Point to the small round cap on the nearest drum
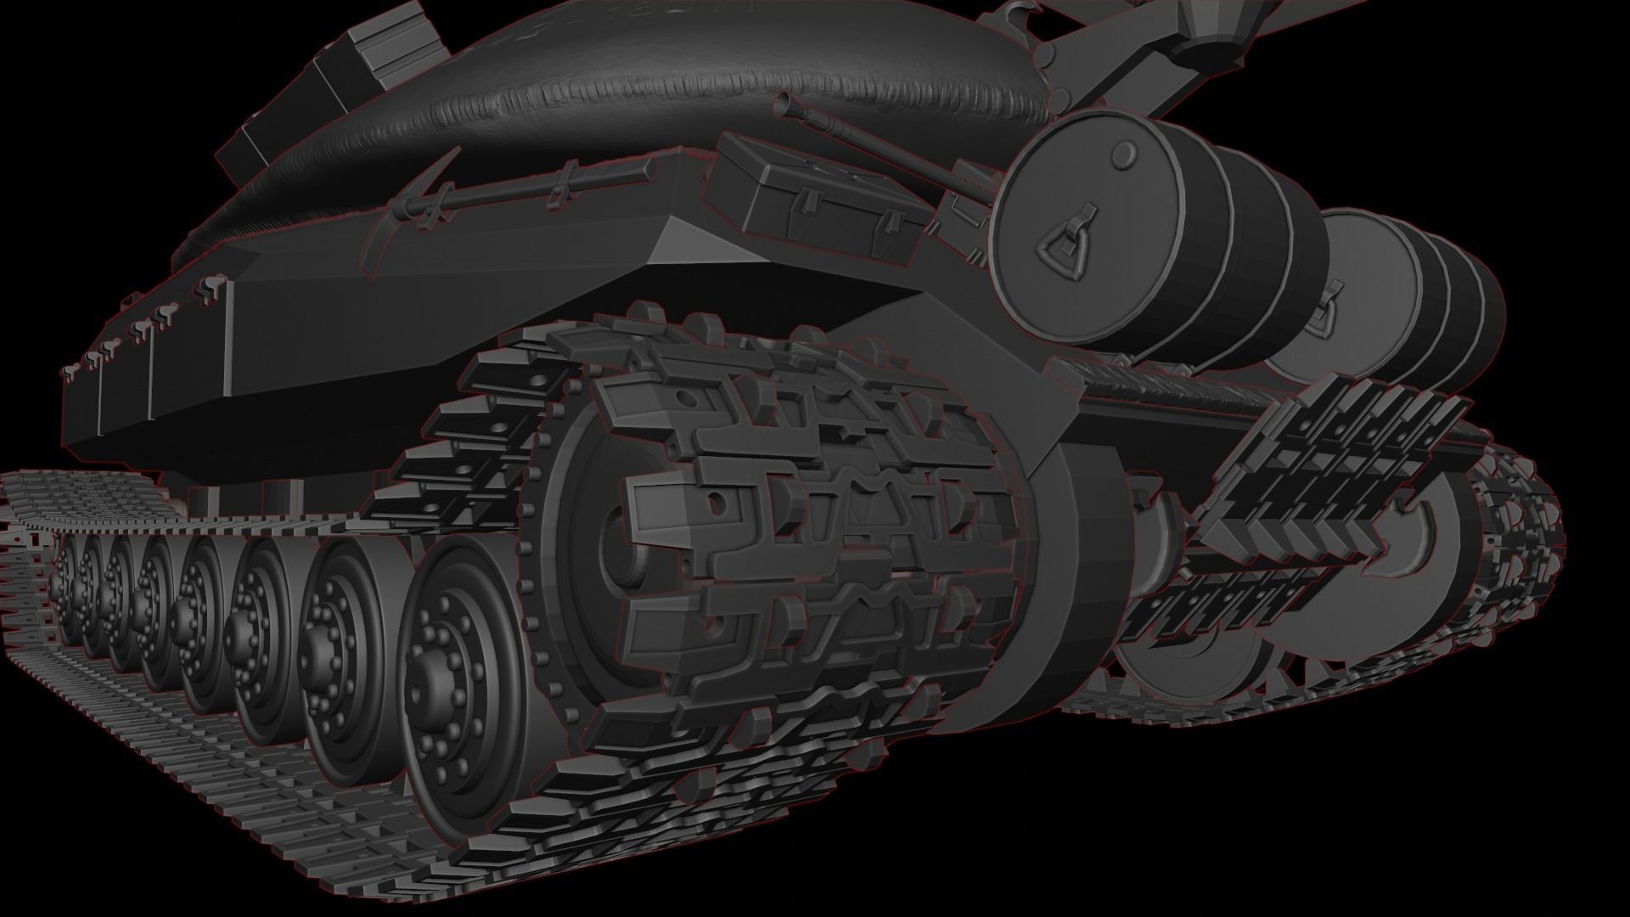click(x=1122, y=154)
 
